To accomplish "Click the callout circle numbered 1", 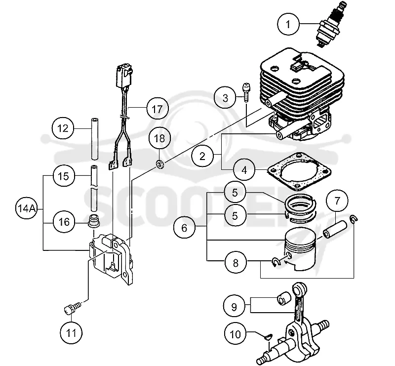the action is point(288,24).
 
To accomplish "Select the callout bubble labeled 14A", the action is point(26,208).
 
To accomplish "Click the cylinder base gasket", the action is point(299,171).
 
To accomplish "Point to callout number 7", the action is point(337,201).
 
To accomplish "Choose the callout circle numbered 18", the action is point(159,138).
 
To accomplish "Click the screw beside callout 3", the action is point(246,92).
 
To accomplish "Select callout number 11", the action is point(71,333).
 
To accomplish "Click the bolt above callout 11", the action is point(72,308).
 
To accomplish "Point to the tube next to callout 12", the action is point(94,139).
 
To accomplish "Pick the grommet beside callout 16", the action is point(94,220).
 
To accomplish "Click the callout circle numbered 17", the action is point(157,109).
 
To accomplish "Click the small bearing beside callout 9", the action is point(282,298).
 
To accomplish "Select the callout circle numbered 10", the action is point(236,334).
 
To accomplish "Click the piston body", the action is point(300,249).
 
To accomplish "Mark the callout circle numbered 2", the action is point(202,156).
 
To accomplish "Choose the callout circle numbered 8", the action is point(236,263).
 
